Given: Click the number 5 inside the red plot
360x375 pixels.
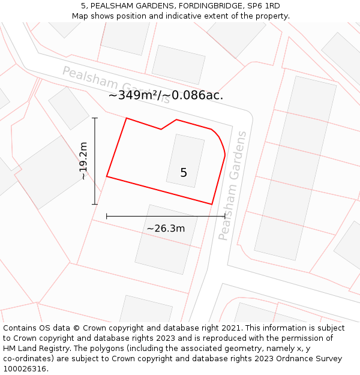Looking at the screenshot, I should [x=184, y=173].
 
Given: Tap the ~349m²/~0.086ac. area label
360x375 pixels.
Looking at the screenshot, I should [x=166, y=95].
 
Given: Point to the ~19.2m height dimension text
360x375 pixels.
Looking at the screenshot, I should [x=83, y=161].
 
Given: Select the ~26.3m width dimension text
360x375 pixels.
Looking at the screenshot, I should [x=166, y=228].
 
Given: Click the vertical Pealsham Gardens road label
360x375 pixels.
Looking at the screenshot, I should [x=232, y=186].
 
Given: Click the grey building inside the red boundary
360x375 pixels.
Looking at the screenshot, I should [x=185, y=160].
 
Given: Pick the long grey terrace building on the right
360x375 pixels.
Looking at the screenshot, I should [x=295, y=168].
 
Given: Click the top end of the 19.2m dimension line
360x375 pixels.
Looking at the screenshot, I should [x=95, y=118].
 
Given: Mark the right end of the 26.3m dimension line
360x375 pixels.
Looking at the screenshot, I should [x=225, y=216].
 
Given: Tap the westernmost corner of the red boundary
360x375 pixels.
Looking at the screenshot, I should [x=107, y=176].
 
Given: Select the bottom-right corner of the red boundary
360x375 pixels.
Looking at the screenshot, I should [x=212, y=203].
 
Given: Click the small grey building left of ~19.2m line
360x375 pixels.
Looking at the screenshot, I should [x=68, y=108].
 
